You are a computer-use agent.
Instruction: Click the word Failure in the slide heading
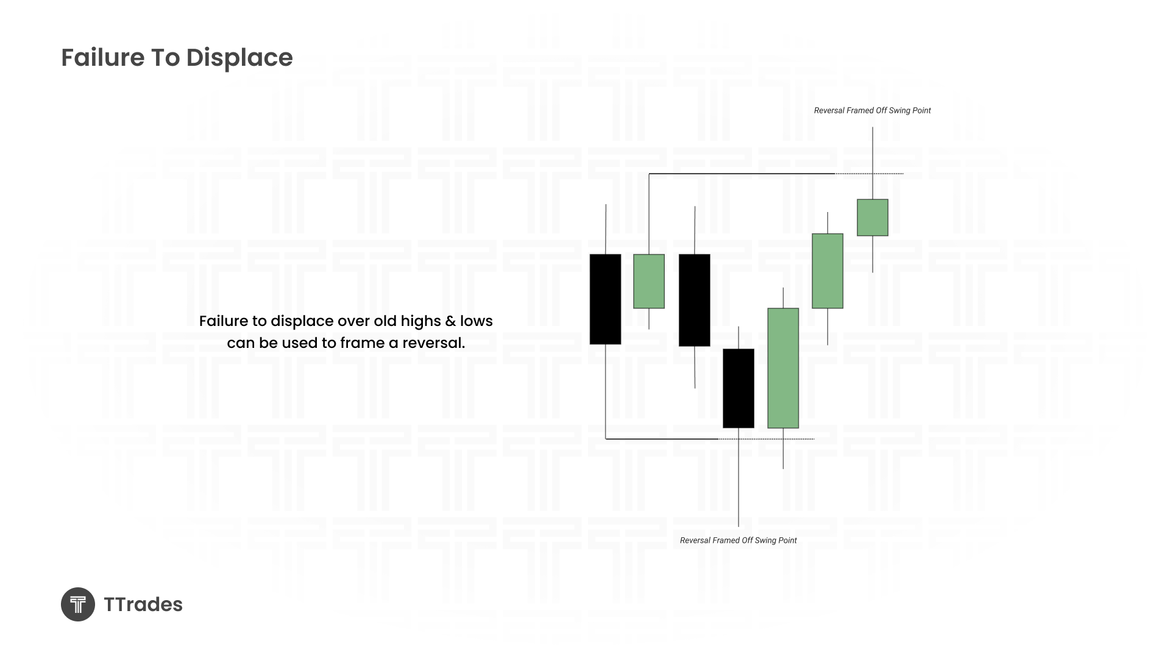[103, 57]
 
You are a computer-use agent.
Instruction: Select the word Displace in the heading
[239, 58]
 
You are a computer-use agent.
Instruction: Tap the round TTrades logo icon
[78, 604]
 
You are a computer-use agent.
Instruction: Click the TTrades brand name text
[143, 604]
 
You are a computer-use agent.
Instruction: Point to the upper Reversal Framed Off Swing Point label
[873, 110]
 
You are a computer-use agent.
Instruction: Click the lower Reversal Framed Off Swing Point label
[739, 540]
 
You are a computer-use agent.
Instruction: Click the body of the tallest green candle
[783, 368]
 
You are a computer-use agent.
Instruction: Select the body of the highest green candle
[873, 218]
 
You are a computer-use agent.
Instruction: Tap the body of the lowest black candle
[739, 388]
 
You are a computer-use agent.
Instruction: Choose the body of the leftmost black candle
[606, 299]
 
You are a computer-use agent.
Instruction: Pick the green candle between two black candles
[649, 281]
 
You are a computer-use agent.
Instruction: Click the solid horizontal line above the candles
[742, 174]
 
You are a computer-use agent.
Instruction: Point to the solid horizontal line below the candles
[662, 439]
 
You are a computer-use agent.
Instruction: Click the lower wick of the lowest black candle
[739, 477]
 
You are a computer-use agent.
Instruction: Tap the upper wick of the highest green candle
[873, 163]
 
